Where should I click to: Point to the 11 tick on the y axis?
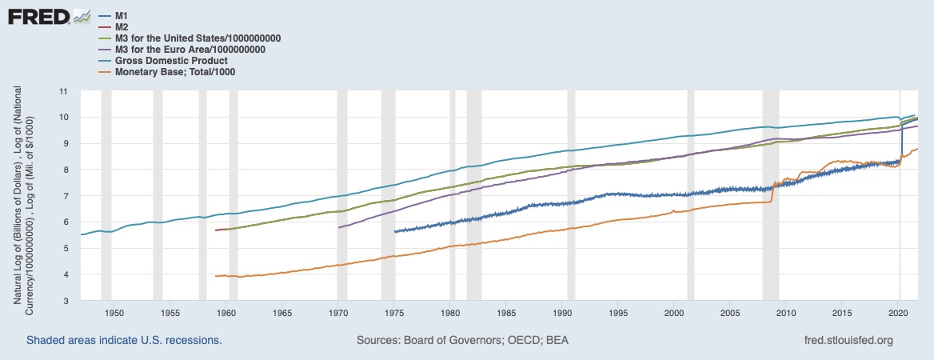pyautogui.click(x=65, y=91)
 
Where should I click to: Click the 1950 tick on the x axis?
pyautogui.click(x=114, y=313)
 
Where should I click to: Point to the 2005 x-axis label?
pyautogui.click(x=730, y=313)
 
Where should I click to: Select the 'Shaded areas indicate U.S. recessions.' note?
pyautogui.click(x=124, y=340)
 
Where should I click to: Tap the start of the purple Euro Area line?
pyautogui.click(x=340, y=227)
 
